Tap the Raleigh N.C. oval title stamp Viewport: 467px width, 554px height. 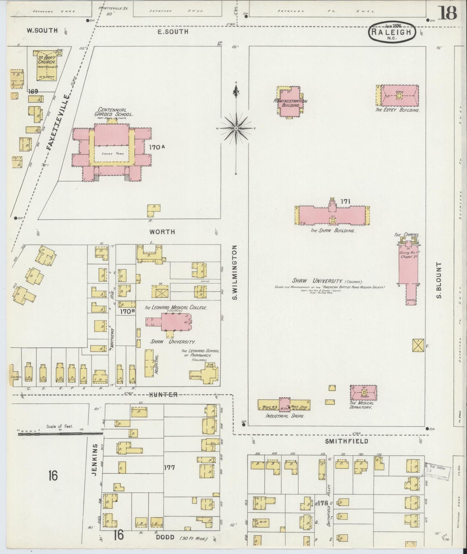pyautogui.click(x=391, y=33)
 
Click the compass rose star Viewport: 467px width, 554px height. pyautogui.click(x=236, y=128)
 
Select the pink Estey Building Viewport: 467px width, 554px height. pyautogui.click(x=400, y=96)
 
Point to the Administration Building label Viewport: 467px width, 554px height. pyautogui.click(x=290, y=103)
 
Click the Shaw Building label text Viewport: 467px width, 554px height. pyautogui.click(x=333, y=231)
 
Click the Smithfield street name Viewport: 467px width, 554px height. pyautogui.click(x=342, y=441)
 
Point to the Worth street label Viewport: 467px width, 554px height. pyautogui.click(x=162, y=232)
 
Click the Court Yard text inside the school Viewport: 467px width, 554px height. pyautogui.click(x=112, y=154)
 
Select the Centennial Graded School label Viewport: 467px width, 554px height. pyautogui.click(x=113, y=112)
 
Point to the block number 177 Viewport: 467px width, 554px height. pyautogui.click(x=169, y=467)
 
